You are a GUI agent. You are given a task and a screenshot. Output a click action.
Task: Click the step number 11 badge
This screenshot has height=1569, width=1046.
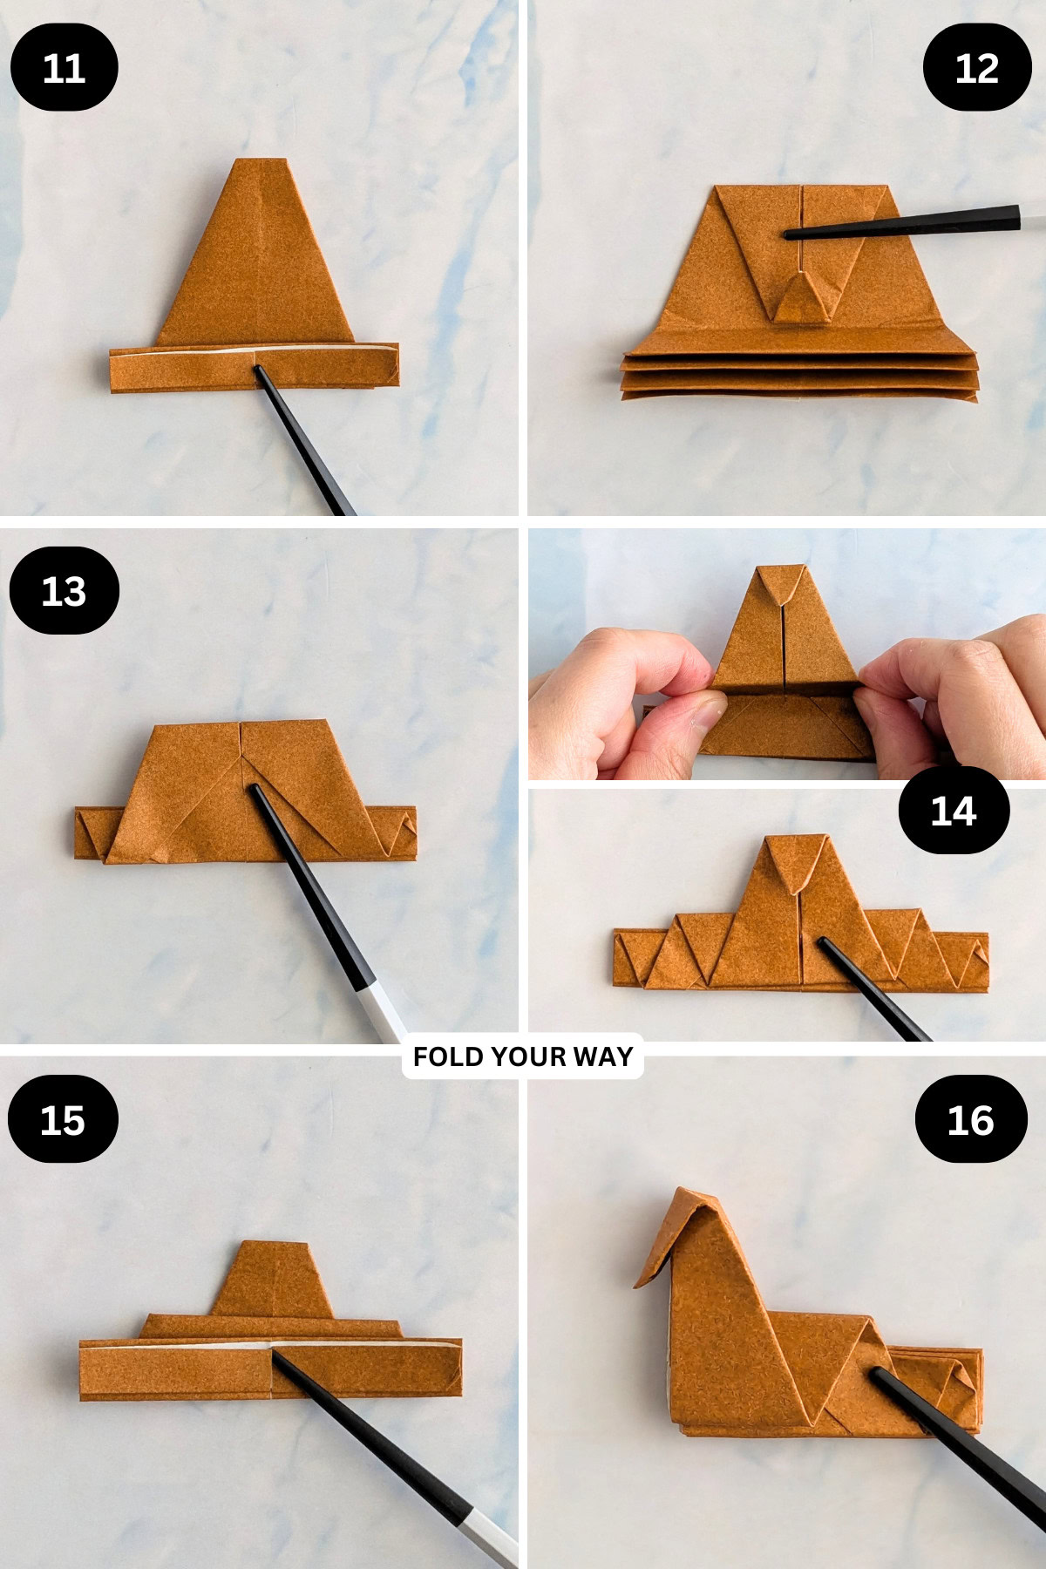(x=64, y=67)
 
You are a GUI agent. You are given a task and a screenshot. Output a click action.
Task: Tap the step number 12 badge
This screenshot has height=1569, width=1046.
(x=976, y=67)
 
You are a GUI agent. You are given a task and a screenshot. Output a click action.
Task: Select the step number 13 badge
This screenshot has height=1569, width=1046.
(x=64, y=591)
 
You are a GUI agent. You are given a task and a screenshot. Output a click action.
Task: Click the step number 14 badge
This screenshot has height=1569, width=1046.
(x=953, y=811)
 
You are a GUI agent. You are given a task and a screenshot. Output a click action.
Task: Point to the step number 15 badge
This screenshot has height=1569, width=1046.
(x=63, y=1119)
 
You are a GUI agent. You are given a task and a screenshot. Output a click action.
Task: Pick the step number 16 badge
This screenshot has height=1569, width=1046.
(x=970, y=1119)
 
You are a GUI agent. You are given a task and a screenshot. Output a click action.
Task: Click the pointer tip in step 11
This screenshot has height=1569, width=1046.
(x=257, y=370)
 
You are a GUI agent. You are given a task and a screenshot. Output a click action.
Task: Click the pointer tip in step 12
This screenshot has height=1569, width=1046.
(x=787, y=234)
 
